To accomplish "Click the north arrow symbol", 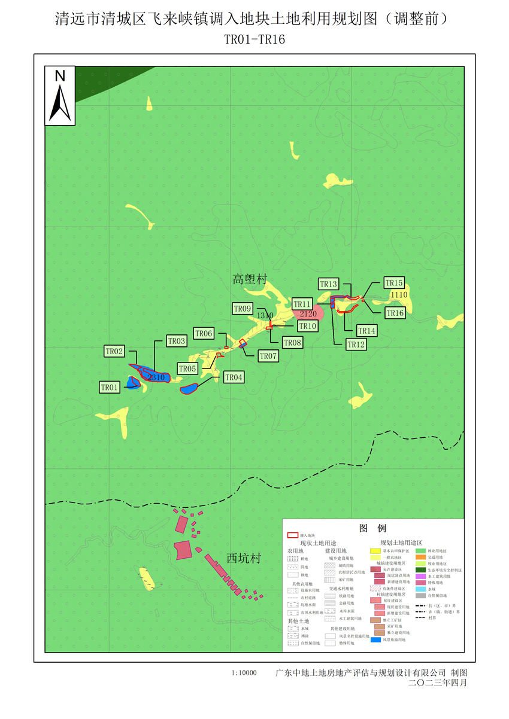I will pos(60,96).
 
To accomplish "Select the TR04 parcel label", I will pos(234,377).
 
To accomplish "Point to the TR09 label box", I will pos(243,309).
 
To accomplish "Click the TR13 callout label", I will pos(329,284).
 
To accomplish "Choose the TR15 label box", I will pos(395,283).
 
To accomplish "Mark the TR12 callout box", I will pos(356,344).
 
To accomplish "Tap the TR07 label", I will pos(268,356).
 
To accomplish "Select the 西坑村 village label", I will pos(244,559).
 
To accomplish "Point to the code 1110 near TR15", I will pos(398,295).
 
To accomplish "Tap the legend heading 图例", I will pos(372,529).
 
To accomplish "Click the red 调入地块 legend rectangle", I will pos(293,535).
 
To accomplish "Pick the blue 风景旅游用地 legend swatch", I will pos(376,640).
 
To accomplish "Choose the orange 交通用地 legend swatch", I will pos(420,557).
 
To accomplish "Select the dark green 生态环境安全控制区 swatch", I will pos(420,570).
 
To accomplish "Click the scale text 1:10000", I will pos(244,673).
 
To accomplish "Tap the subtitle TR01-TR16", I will pos(254,39).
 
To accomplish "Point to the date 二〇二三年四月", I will pos(437,683).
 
